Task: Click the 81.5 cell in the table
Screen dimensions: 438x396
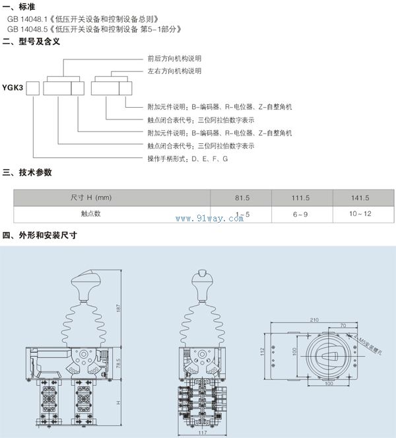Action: click(243, 198)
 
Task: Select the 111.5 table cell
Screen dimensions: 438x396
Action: click(300, 198)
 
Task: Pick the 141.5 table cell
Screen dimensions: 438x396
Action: click(360, 198)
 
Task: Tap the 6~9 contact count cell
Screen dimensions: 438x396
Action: click(300, 214)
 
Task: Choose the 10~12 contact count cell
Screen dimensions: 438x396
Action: click(360, 214)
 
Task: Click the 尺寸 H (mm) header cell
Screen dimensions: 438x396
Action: click(91, 198)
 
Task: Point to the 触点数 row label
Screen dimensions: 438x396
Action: click(91, 214)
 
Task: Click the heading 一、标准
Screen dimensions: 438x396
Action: click(18, 7)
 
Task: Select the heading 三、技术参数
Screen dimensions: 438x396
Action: click(27, 172)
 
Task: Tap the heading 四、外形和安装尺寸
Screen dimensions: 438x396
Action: click(40, 235)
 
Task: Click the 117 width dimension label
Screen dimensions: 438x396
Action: click(203, 433)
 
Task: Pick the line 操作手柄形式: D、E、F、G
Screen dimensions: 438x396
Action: click(187, 159)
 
